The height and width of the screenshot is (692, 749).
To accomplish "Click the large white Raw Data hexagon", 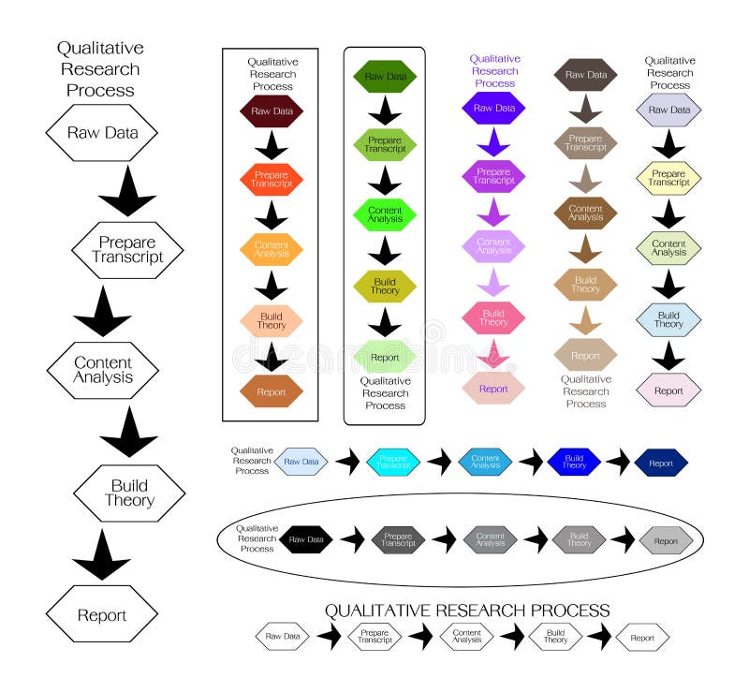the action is point(102,132).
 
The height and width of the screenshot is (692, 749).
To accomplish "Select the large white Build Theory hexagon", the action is point(129,493).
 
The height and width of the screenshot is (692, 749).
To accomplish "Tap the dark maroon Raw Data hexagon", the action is point(272,111).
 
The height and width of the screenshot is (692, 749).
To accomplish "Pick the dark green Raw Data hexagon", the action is point(385,77).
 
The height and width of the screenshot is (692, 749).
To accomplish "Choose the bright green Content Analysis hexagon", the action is point(385,214).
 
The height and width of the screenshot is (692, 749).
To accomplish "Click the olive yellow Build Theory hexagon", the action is point(385,285).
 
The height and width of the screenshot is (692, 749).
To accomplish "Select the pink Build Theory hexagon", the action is point(493,317).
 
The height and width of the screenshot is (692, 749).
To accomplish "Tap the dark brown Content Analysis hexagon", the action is point(585,213).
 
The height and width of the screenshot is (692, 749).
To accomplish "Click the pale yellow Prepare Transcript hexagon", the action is point(668,178).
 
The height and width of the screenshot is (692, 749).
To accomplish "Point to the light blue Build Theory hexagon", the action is point(668,319).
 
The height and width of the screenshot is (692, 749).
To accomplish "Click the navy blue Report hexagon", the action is point(661,463).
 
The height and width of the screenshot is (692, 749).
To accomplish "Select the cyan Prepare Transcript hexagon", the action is point(393,462).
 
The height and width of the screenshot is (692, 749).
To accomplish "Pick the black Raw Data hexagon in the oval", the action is point(306,539).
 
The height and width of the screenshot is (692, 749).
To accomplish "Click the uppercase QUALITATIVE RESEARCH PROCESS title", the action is point(466,611).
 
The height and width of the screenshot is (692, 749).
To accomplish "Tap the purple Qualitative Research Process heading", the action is point(494,70).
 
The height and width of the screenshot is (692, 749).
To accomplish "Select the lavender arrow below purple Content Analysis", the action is point(493,280).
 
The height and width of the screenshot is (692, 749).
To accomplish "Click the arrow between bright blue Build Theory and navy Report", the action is point(618,462).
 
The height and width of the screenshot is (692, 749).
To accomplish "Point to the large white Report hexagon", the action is point(102,615).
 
